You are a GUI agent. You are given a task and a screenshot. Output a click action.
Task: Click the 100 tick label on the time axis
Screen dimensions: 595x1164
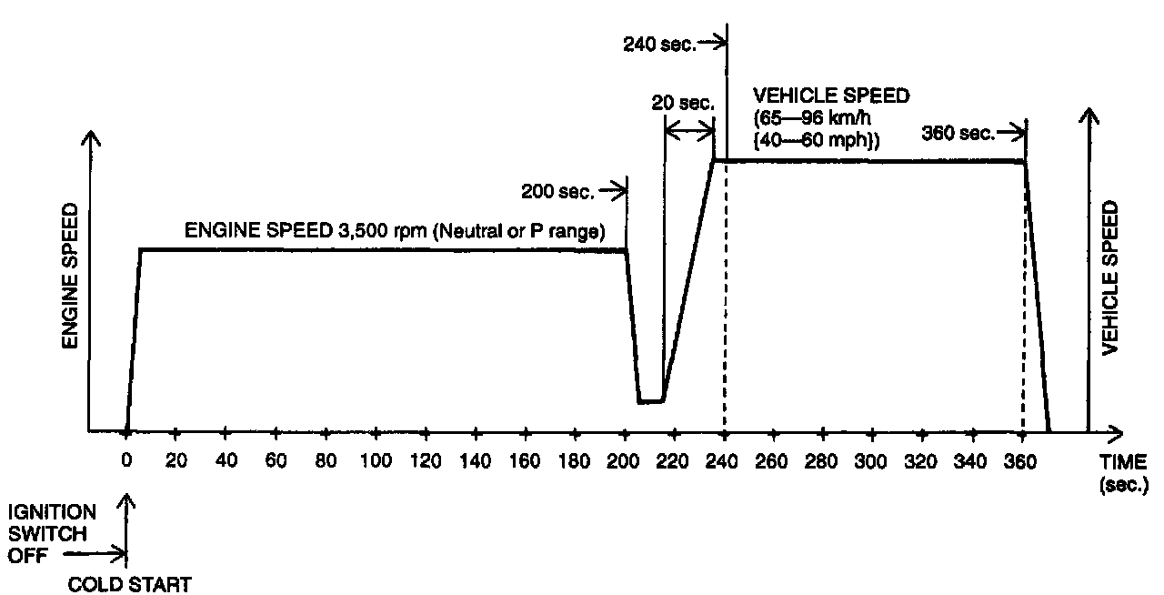(x=376, y=460)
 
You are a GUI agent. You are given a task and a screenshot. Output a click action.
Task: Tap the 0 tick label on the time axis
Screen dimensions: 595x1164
(x=126, y=460)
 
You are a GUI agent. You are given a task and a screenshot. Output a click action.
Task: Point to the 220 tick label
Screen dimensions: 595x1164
(x=674, y=460)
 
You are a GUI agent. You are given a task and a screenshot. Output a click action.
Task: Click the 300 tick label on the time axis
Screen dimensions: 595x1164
(x=871, y=460)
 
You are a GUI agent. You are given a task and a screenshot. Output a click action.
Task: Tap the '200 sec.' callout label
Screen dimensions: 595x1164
(x=557, y=191)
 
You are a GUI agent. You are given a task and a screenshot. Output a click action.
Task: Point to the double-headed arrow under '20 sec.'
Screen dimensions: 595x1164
(x=688, y=133)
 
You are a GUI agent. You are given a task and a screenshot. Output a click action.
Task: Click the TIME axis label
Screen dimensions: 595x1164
(x=1123, y=461)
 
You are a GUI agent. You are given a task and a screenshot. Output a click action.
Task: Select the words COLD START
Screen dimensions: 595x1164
(x=131, y=584)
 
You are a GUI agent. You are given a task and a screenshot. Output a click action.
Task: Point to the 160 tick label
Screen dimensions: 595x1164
(x=525, y=460)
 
